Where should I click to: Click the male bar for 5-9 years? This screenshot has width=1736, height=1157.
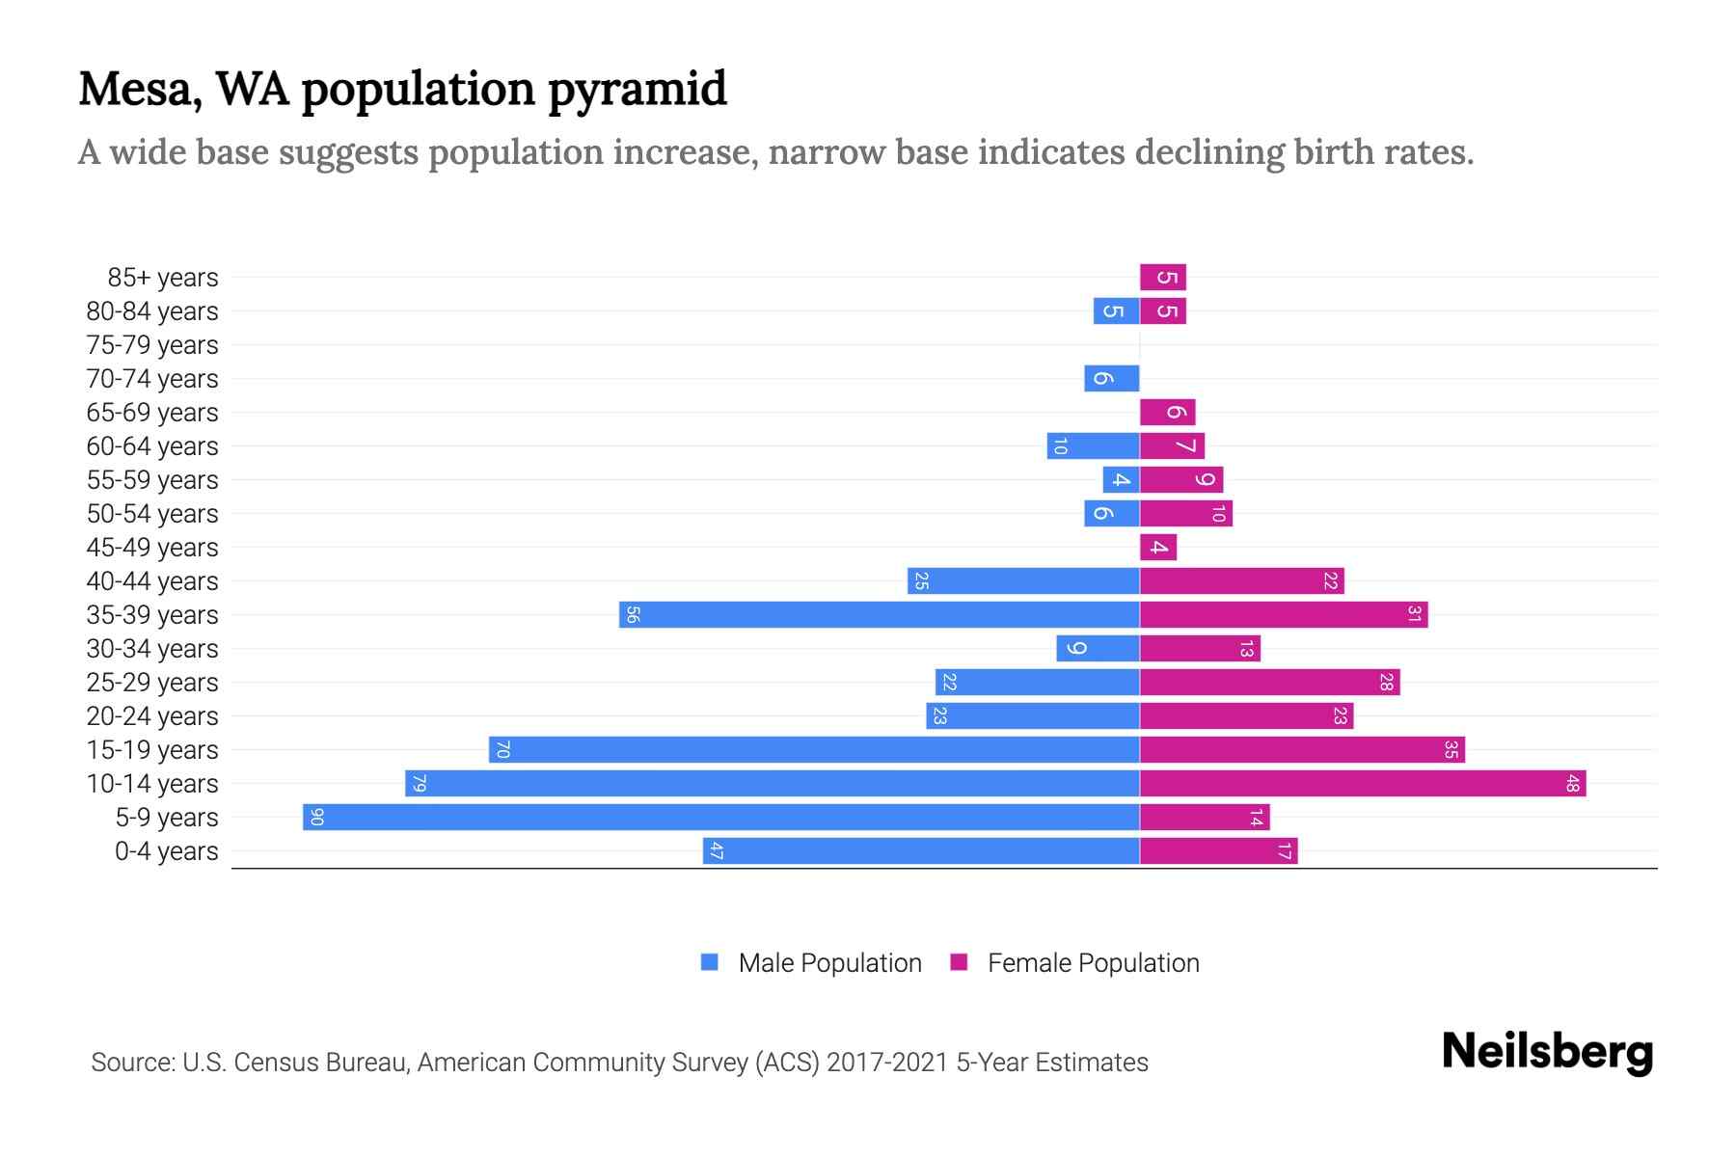(721, 818)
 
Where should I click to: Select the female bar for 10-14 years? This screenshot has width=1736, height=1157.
(1363, 784)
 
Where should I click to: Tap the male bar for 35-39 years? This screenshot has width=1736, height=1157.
(880, 615)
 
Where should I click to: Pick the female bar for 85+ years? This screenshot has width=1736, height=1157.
(1163, 278)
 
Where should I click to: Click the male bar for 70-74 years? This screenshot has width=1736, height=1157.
(1112, 379)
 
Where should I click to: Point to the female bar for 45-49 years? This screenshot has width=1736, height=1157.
(1158, 548)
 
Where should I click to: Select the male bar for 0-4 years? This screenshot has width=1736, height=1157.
(921, 851)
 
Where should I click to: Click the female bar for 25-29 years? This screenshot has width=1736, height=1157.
(1269, 683)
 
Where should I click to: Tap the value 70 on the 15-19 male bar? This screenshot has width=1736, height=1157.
(502, 750)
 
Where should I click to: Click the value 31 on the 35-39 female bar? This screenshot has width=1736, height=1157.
(1414, 615)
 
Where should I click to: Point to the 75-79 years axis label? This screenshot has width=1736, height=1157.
(152, 345)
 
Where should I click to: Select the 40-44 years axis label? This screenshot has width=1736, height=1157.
(152, 581)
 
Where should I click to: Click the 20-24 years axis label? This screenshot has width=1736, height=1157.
(152, 716)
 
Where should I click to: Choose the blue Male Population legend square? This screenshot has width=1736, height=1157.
(710, 962)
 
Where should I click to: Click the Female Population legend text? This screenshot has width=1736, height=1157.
(1093, 963)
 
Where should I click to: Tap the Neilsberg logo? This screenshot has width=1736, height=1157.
(1547, 1052)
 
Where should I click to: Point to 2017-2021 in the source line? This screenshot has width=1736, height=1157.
(887, 1063)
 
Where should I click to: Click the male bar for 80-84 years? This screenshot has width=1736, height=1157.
(1116, 311)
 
